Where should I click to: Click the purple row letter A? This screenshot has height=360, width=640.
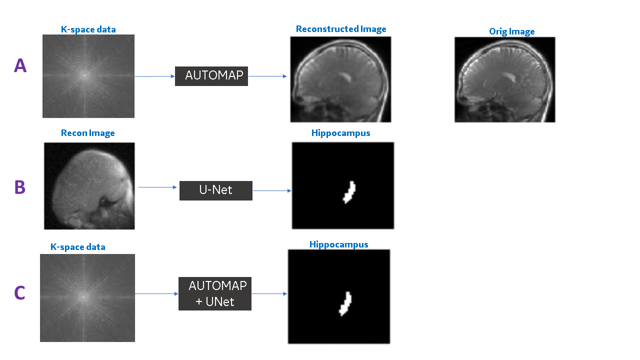tap(20, 65)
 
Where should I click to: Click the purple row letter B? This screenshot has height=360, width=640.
tap(20, 187)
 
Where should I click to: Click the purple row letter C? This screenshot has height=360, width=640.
tap(20, 293)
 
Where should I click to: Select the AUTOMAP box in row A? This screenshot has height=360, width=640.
tap(211, 75)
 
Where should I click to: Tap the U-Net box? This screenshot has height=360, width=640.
tap(216, 190)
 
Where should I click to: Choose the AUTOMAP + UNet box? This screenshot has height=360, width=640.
tap(215, 293)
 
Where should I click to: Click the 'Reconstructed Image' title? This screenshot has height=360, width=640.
tap(341, 29)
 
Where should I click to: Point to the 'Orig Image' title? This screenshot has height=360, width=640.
tap(511, 31)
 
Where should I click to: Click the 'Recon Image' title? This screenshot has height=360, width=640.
tap(88, 133)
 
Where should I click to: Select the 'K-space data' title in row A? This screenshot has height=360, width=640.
tap(88, 29)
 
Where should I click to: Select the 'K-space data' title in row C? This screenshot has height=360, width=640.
tap(78, 247)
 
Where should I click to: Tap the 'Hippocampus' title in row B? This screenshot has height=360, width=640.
tap(341, 133)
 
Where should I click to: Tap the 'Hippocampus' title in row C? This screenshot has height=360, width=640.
tap(339, 244)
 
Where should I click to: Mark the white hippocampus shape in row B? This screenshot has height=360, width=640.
tap(349, 192)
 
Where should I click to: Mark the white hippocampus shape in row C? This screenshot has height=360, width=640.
tap(345, 303)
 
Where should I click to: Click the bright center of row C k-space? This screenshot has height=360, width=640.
tap(83, 296)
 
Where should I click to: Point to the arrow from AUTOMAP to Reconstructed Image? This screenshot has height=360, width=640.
tap(267, 76)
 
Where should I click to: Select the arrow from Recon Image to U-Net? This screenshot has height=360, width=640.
tap(158, 187)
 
